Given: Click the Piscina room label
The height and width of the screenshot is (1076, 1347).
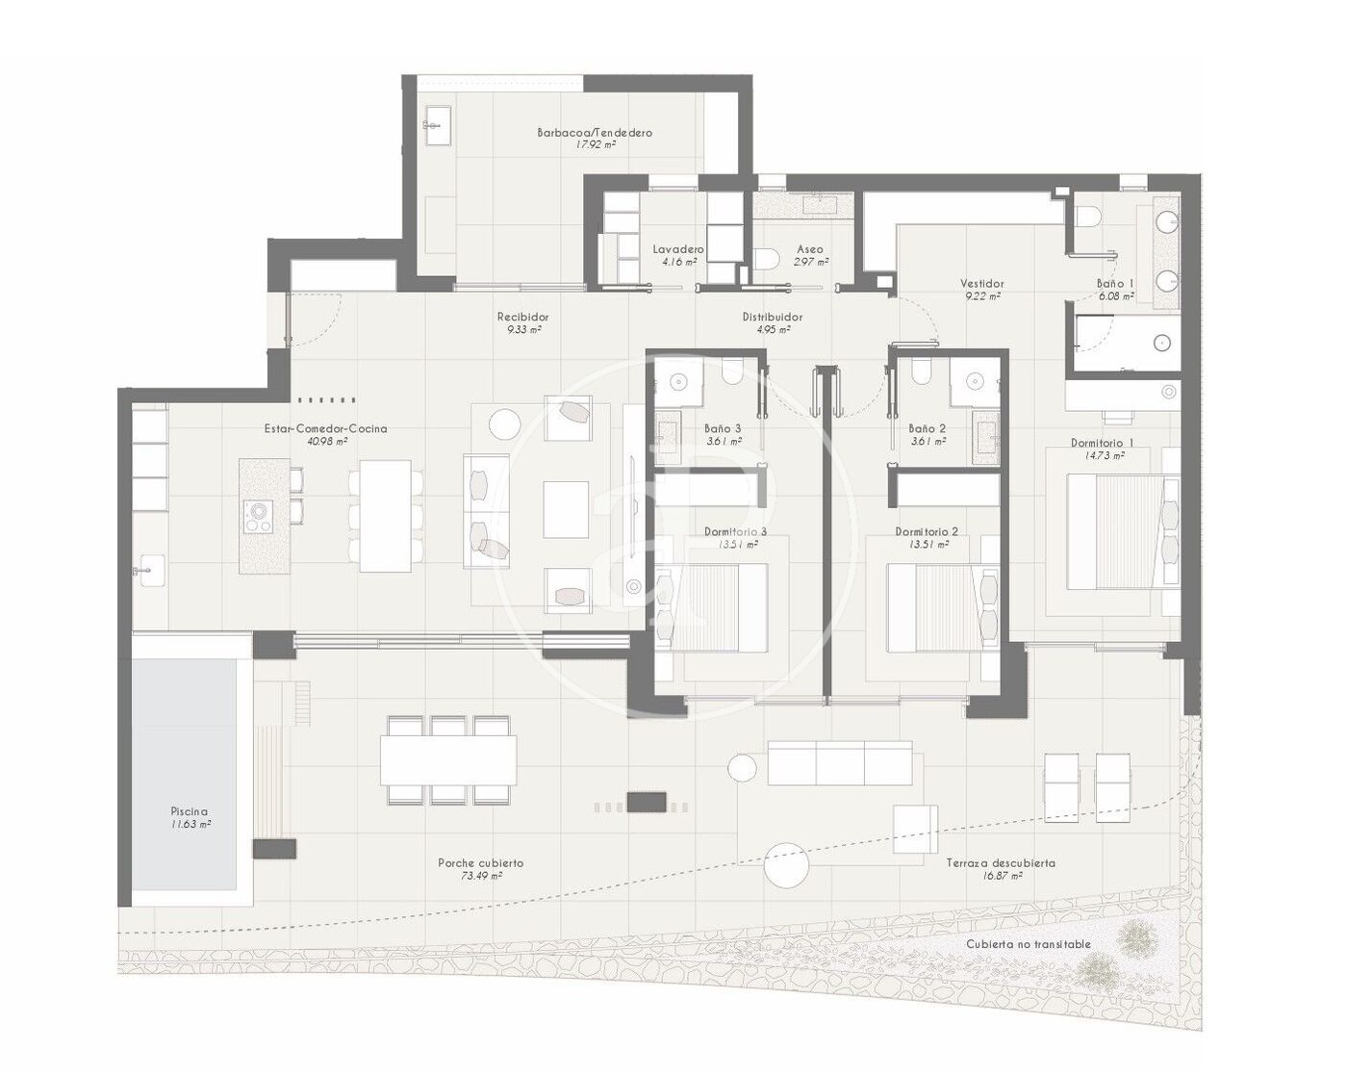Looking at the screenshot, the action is pos(188,811).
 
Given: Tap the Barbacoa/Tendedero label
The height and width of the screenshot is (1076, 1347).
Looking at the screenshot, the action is pos(595,133).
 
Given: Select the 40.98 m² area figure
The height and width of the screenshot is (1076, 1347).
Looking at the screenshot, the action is pos(327,441).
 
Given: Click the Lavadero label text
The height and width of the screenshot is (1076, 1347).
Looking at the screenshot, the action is pos(678,249).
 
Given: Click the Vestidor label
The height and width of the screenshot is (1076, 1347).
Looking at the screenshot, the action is pos(982,284).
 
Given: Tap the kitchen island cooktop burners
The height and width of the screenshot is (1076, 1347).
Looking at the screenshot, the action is pos(257,517).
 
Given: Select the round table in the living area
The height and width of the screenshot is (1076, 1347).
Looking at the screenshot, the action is pos(504,424).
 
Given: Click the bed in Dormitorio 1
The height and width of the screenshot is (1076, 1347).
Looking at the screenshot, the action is pos(1123,531).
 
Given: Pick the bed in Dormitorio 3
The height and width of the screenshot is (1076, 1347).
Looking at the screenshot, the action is pos(712,607).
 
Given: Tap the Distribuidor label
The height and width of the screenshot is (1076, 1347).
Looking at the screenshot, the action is pos(773,317).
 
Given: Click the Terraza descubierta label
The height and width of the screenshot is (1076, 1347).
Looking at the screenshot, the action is pos(1001,863).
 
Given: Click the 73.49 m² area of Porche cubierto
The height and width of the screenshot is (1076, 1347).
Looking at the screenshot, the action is pos(481,876).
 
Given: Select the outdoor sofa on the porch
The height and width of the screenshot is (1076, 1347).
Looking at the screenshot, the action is pos(839,763).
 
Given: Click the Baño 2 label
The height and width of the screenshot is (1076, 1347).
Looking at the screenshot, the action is pos(927,428).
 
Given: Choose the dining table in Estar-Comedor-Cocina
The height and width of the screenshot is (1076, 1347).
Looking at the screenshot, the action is pos(385,516).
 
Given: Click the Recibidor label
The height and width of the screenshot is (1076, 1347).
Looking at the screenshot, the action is pos(522,317).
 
